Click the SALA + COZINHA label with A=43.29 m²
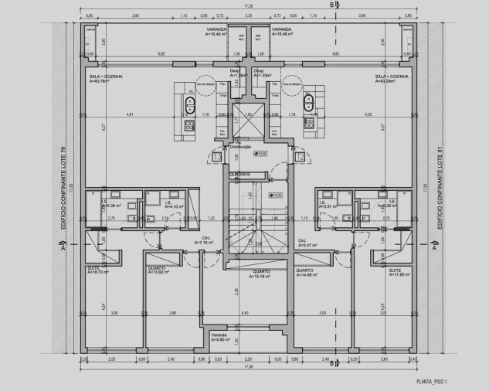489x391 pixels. coord(391,79)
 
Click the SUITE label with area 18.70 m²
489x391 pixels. coord(97,270)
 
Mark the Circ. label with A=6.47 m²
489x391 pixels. coord(304,242)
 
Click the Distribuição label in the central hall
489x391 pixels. coord(241,146)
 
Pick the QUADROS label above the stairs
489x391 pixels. coord(240,175)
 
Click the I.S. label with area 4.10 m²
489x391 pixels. coord(171,205)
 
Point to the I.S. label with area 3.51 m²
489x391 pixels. coord(328,205)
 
